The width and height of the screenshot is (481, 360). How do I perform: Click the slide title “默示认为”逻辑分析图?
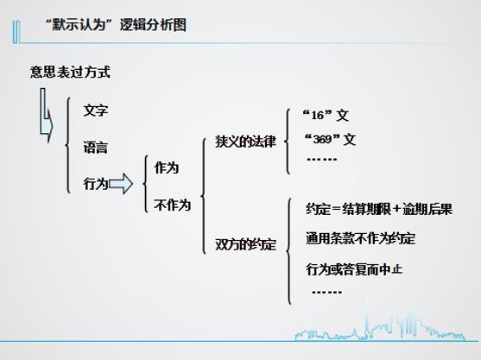(x=116, y=25)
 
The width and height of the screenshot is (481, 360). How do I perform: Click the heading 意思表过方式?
(x=70, y=72)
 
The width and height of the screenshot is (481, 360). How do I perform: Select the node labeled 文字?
(x=96, y=111)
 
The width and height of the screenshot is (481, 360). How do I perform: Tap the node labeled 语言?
(x=96, y=147)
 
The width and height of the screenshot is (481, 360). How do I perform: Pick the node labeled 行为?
(x=96, y=184)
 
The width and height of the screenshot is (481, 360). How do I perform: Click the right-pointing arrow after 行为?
(x=121, y=184)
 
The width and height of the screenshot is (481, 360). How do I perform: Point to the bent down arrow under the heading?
(x=46, y=116)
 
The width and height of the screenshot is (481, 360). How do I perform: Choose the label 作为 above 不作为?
(x=167, y=168)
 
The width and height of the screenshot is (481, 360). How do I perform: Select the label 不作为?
(x=173, y=205)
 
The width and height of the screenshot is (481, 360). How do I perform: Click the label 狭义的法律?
(x=246, y=142)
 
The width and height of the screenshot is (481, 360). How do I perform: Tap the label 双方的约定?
(x=246, y=244)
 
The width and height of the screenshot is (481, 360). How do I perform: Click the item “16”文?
(x=326, y=116)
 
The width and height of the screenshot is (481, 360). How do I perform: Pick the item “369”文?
(x=330, y=140)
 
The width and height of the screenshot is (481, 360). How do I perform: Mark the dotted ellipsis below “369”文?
(x=322, y=159)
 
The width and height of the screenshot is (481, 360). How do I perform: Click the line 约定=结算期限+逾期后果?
(x=379, y=209)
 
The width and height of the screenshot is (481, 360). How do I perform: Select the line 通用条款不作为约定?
(x=361, y=238)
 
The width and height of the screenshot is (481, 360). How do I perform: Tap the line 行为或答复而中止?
(x=354, y=269)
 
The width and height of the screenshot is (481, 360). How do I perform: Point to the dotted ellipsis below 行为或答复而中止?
(x=326, y=292)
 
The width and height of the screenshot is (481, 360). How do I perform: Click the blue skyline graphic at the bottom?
(x=380, y=327)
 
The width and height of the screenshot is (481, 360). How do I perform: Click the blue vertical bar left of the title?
(x=16, y=32)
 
